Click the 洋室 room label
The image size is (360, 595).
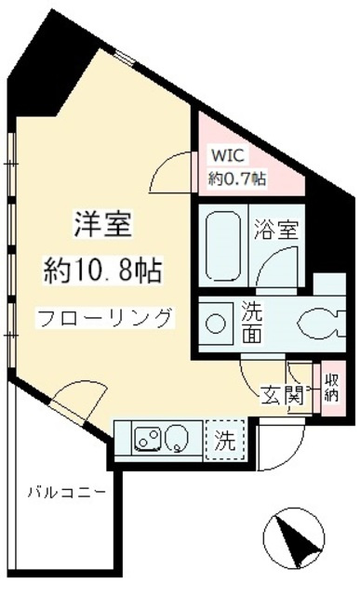point(103,226)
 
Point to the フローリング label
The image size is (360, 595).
point(104,317)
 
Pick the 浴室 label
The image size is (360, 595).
point(277,231)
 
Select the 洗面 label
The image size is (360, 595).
point(253,322)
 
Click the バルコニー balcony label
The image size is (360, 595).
point(65,489)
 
